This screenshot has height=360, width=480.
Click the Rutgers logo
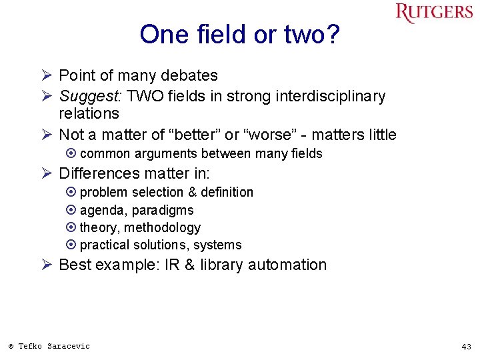point(434,13)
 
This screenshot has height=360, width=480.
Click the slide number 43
point(466,347)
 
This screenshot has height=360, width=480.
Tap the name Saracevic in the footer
point(69,346)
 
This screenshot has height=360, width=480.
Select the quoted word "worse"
point(270,135)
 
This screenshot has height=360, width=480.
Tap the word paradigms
point(163,210)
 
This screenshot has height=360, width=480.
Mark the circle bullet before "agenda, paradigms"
point(71,210)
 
